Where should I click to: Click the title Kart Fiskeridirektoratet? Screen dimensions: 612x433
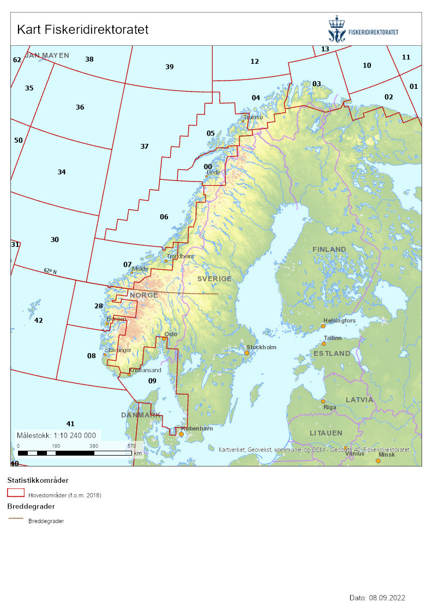[83, 29]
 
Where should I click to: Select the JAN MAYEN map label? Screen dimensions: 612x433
[47, 55]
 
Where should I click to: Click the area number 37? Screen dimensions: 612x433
[145, 147]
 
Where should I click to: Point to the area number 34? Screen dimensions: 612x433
[62, 172]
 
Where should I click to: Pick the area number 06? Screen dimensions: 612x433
[164, 217]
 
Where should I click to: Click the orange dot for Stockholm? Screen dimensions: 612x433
[246, 353]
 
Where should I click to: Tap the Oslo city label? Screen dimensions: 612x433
[171, 334]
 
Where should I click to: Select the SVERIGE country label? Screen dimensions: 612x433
[214, 278]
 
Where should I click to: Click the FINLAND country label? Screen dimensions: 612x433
[329, 249]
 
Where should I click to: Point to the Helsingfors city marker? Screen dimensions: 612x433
[323, 326]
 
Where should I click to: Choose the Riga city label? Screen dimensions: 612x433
[329, 407]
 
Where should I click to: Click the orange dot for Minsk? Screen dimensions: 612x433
[378, 460]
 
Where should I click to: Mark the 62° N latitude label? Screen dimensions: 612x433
[51, 271]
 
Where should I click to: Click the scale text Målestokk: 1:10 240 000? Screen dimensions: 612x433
[57, 435]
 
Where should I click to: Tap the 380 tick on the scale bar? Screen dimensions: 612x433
[93, 446]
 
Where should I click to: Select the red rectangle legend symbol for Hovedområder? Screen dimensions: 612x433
[16, 493]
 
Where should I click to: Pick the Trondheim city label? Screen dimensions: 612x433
[181, 256]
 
